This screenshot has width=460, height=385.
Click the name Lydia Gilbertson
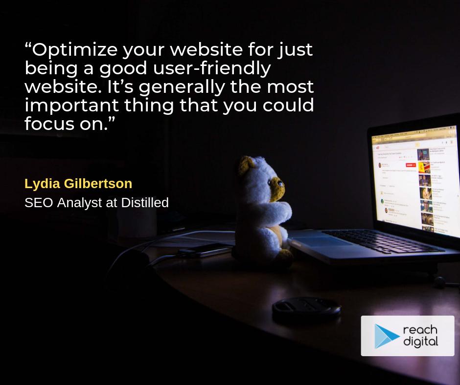click(78, 184)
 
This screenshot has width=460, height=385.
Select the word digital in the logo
click(420, 342)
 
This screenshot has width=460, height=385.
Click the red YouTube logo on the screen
click(378, 146)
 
